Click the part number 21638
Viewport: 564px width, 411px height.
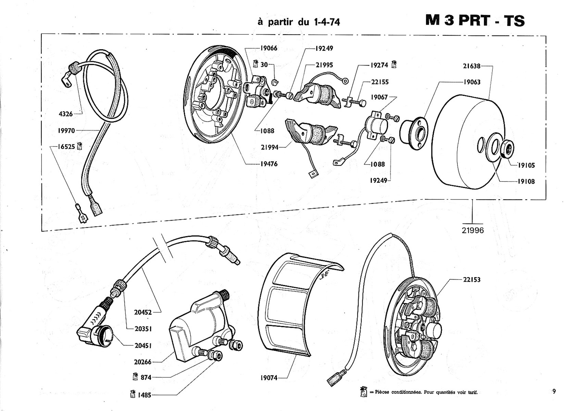coord(472,66)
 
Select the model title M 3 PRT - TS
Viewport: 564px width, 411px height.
coord(475,21)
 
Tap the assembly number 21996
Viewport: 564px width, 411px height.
coord(473,231)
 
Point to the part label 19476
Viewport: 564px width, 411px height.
coord(269,164)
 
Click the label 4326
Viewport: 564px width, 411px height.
coord(65,114)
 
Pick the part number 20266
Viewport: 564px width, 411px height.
coord(143,362)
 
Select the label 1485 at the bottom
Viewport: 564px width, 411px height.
coord(145,395)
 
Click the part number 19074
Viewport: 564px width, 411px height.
coord(269,378)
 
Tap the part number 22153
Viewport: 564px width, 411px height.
coord(472,280)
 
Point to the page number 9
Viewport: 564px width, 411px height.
coord(554,391)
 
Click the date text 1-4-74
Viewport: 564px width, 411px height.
coord(327,22)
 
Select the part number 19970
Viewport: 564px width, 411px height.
coord(66,131)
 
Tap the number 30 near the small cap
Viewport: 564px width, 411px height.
coord(264,65)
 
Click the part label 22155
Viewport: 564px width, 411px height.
coord(380,82)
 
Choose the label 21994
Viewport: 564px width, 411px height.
coord(270,147)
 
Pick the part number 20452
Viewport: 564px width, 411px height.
coord(143,312)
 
